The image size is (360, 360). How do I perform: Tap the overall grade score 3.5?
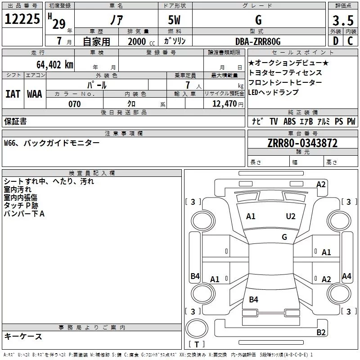[342, 21]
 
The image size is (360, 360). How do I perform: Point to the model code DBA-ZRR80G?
[258, 41]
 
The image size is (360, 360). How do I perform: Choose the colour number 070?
[74, 104]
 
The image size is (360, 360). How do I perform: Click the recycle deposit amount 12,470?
[223, 104]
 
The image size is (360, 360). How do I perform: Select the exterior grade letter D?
[335, 41]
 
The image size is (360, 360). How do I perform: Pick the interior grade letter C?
[350, 41]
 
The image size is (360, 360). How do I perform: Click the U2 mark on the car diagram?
[291, 216]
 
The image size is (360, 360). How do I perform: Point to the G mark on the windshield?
[284, 237]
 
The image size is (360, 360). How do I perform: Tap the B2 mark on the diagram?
[321, 333]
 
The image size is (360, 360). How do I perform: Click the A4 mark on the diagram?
[346, 276]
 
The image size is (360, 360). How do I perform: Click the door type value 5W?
[175, 20]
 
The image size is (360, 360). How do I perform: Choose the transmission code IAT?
[13, 94]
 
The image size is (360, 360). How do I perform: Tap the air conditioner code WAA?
[35, 94]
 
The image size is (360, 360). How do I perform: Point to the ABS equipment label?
[289, 121]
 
